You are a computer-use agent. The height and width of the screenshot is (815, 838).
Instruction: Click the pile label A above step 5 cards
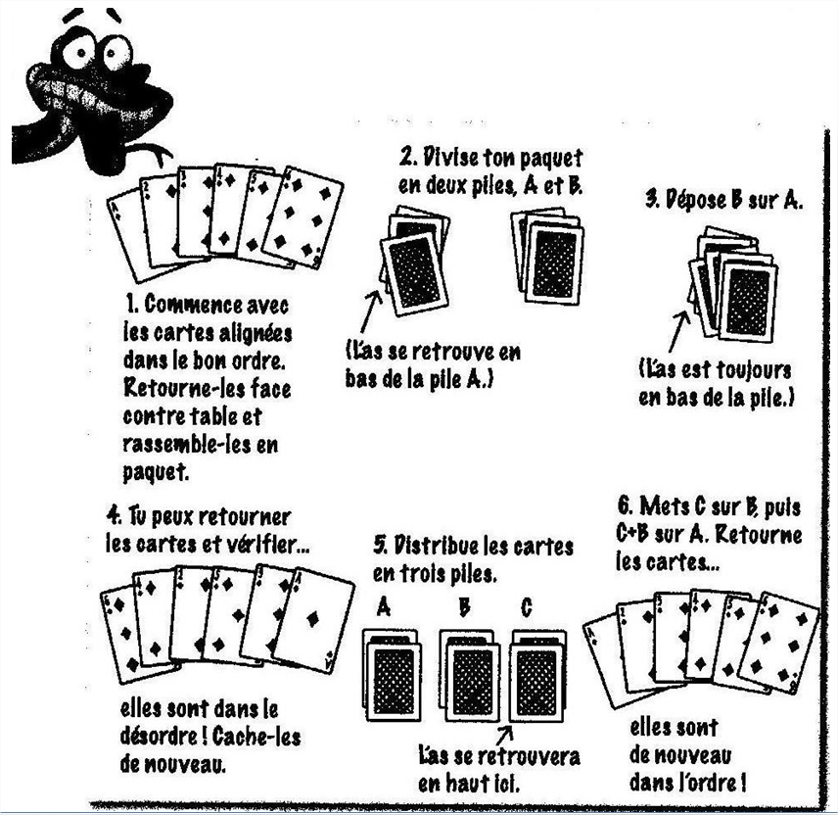click(x=383, y=607)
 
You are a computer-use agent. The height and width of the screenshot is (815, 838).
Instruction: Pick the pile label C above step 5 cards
click(x=527, y=607)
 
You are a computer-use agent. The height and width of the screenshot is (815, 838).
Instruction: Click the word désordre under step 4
click(x=161, y=737)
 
